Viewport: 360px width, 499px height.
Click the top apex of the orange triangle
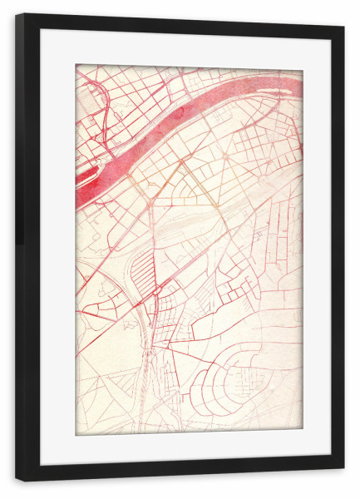(x=180, y=161)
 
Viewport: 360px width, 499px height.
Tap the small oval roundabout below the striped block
(x=155, y=292)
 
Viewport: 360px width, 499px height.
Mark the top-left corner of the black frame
(x=17, y=15)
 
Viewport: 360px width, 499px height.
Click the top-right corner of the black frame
(x=343, y=26)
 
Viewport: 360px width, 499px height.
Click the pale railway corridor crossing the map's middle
(x=200, y=220)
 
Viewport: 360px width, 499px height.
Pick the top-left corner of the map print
(x=76, y=65)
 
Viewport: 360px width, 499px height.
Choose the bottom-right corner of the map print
(x=303, y=433)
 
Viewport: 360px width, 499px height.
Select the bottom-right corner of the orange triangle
(x=218, y=205)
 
